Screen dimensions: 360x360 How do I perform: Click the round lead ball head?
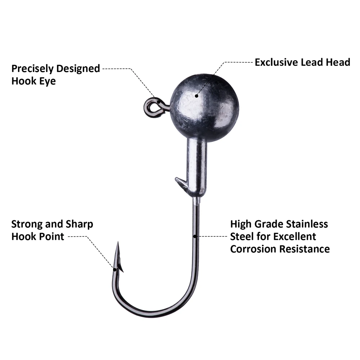[x=204, y=108]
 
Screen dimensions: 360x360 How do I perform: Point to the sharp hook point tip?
[x=118, y=242]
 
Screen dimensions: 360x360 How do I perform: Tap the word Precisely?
[x=32, y=69]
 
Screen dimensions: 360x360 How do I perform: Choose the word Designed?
[x=78, y=69]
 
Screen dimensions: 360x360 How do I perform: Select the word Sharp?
[x=79, y=224]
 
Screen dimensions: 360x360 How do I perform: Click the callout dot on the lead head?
[x=197, y=96]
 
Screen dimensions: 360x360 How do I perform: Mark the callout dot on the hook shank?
[x=195, y=236]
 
